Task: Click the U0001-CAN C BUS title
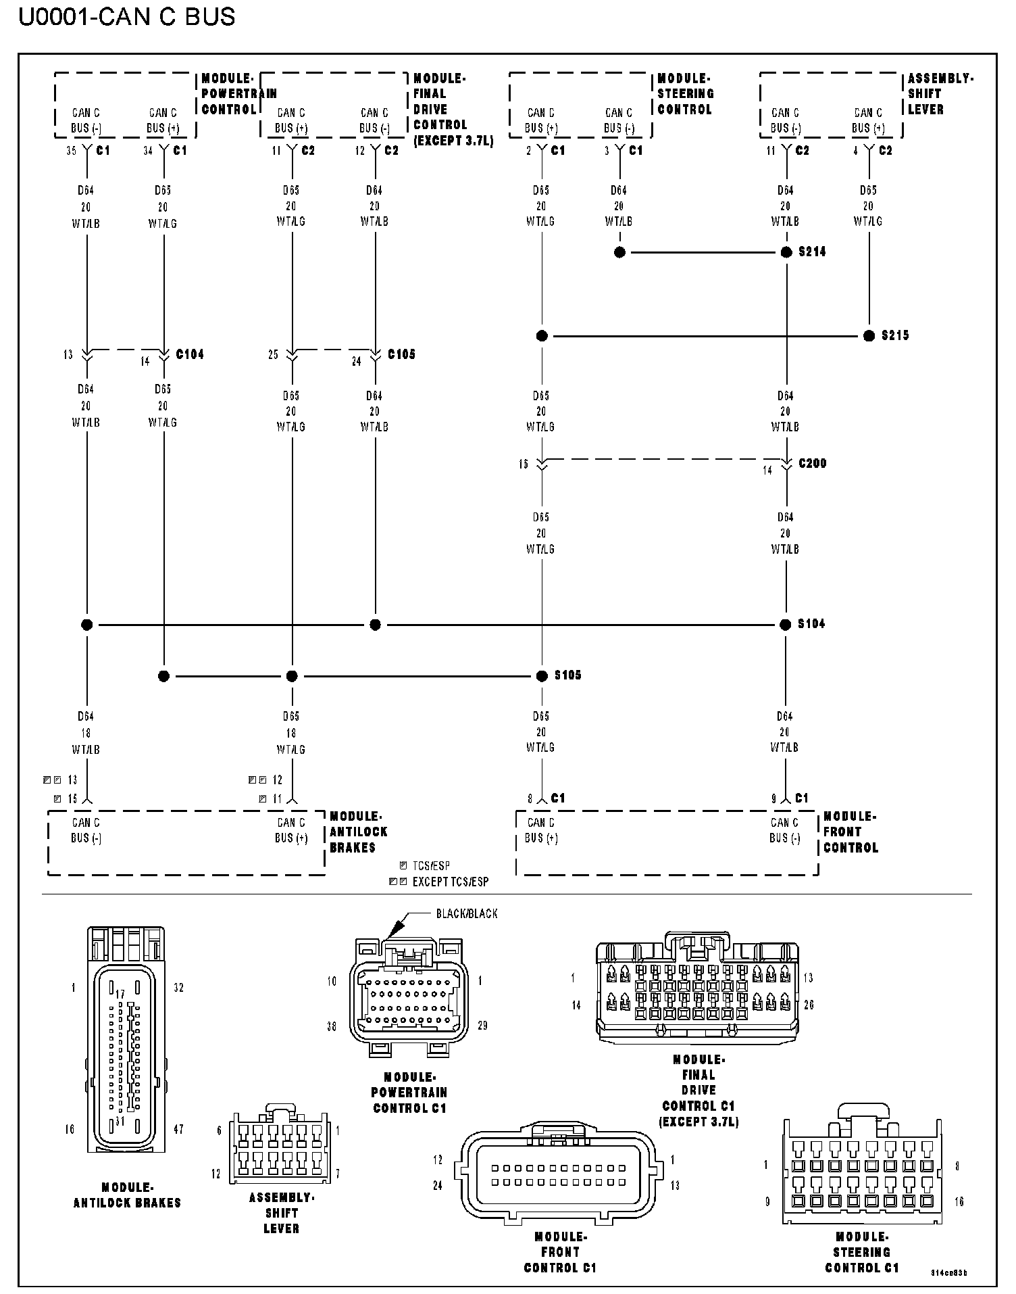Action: [x=127, y=16]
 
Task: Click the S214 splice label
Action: [x=812, y=252]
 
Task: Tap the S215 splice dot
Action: [x=869, y=336]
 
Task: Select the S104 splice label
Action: [x=811, y=624]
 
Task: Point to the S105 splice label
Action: [x=567, y=675]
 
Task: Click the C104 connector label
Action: [x=190, y=354]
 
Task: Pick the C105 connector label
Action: [x=401, y=354]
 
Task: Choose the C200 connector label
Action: [x=812, y=464]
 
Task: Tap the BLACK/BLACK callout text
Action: [x=467, y=914]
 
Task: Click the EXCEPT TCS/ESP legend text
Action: [x=450, y=882]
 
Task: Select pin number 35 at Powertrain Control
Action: [x=71, y=151]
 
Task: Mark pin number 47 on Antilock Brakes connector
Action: [x=178, y=1129]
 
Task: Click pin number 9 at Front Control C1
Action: [x=774, y=799]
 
